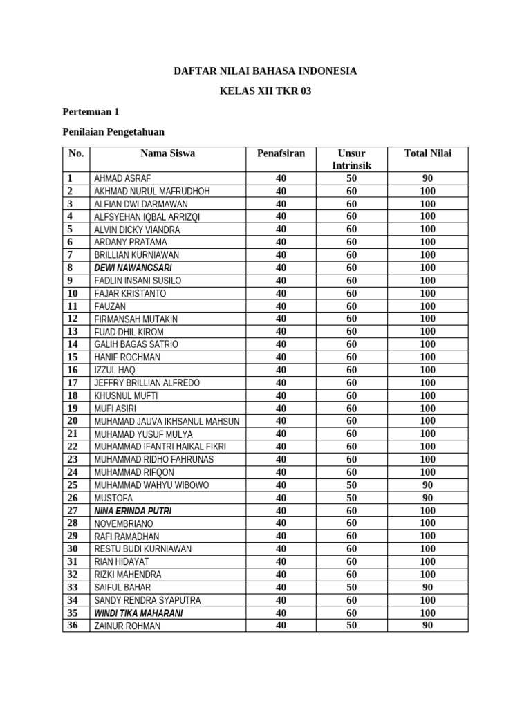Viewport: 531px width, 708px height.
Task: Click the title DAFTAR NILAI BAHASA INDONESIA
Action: click(x=265, y=71)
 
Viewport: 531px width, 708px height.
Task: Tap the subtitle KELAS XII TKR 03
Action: click(x=265, y=91)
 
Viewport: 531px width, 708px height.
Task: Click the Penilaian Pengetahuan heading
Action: click(x=113, y=131)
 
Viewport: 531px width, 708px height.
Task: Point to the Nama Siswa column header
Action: click(x=167, y=153)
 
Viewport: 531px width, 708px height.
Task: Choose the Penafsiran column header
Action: click(x=281, y=153)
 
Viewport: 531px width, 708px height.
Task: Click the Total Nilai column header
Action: click(x=427, y=153)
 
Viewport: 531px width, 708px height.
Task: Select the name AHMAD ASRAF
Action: click(x=122, y=178)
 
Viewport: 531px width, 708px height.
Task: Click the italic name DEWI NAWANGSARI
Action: click(x=133, y=268)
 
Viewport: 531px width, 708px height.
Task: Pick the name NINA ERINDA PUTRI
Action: click(x=133, y=511)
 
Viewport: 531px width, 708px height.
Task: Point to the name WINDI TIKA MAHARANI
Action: click(x=138, y=613)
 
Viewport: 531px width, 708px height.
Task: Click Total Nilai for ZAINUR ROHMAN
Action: click(x=427, y=626)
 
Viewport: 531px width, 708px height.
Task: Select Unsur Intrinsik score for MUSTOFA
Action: click(x=351, y=498)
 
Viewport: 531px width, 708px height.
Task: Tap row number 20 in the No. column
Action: click(x=73, y=420)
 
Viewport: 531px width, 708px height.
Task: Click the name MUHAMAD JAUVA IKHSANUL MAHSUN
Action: click(x=167, y=421)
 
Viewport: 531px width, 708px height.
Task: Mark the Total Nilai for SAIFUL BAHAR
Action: click(x=427, y=587)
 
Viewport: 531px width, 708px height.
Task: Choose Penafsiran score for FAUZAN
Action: click(x=281, y=306)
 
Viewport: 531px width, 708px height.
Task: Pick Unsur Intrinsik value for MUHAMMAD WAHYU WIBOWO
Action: click(x=351, y=485)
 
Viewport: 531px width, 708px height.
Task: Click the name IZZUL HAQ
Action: click(x=115, y=370)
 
